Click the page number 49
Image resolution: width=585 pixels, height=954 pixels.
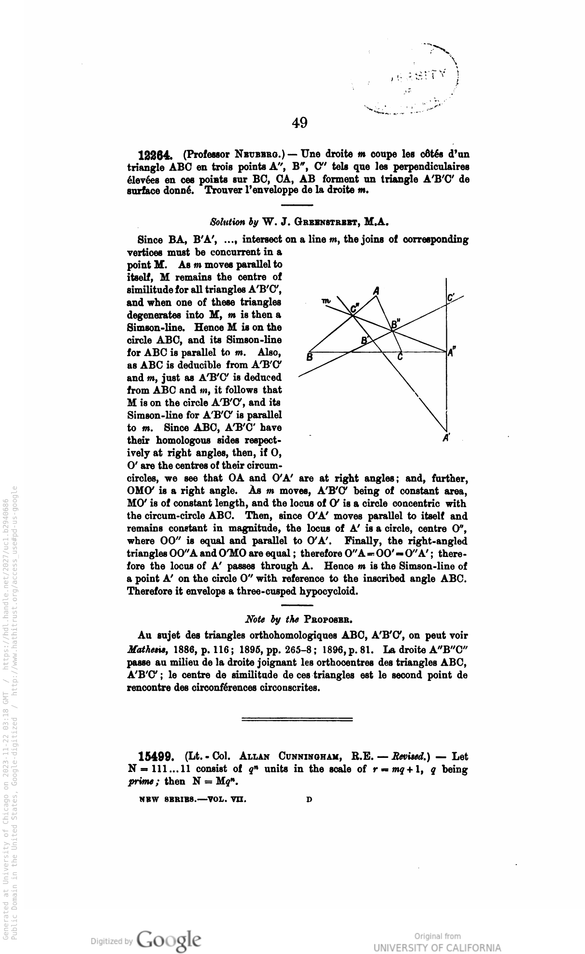point(300,124)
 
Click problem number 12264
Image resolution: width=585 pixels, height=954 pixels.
point(154,156)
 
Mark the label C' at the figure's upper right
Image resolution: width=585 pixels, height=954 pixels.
point(451,299)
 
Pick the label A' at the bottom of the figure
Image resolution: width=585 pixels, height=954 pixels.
point(447,438)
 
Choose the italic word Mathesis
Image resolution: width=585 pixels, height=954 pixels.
point(145,648)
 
